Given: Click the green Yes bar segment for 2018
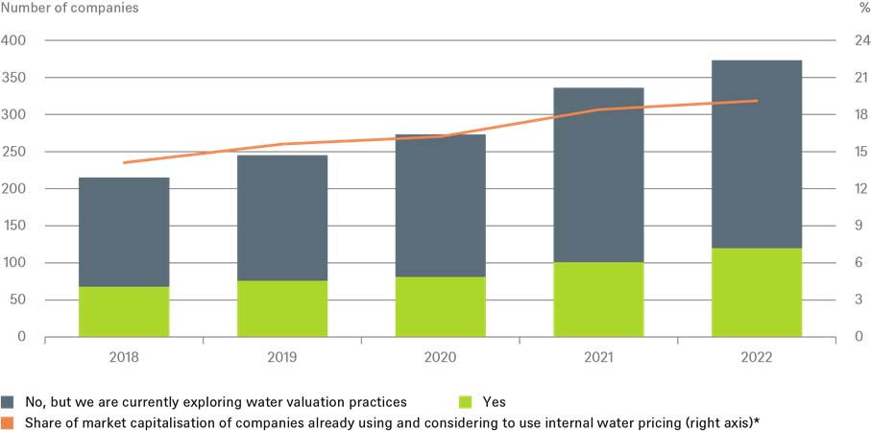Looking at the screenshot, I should coord(124,311).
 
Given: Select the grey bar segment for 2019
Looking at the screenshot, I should coord(282,218).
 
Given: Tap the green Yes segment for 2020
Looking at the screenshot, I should coord(440,306).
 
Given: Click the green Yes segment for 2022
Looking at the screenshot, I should coord(757,292).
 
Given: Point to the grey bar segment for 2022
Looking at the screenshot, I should coord(757,154).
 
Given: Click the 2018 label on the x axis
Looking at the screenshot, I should coord(124,356).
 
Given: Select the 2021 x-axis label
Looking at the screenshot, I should coord(598,356).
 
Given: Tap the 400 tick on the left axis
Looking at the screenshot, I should coord(15,41).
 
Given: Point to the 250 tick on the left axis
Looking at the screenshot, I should coord(15,152).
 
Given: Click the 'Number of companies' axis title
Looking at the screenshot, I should coord(70,9).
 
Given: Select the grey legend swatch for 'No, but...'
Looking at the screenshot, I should coord(9,402).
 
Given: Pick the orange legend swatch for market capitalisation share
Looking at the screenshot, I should coord(9,420).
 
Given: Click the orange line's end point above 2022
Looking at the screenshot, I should coord(757,101).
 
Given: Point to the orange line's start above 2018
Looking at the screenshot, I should coord(124,163).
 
